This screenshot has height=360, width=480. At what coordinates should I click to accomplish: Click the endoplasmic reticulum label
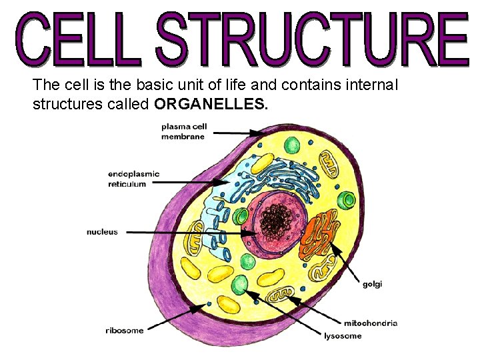pyautogui.click(x=133, y=179)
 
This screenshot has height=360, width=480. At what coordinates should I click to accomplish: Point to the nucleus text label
pyautogui.click(x=102, y=232)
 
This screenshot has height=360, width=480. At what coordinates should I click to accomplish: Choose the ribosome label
pyautogui.click(x=124, y=331)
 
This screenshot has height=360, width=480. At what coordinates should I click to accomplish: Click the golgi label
pyautogui.click(x=372, y=284)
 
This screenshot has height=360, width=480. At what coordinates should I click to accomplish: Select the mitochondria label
pyautogui.click(x=371, y=323)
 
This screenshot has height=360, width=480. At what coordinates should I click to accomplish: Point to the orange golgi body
pyautogui.click(x=320, y=233)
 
